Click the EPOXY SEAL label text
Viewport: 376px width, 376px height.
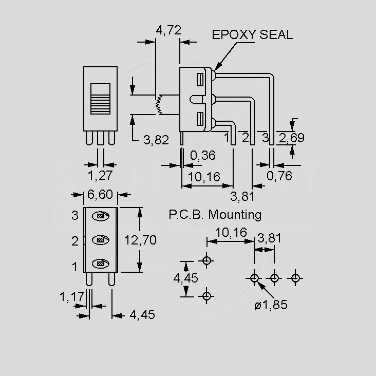[x=252, y=34]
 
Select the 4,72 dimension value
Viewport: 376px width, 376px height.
[x=168, y=30]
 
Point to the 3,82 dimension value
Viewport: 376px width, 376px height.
[x=156, y=140]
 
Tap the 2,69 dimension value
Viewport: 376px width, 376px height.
[x=292, y=138]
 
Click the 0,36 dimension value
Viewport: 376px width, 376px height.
[x=203, y=156]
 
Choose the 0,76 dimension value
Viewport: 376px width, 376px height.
[x=279, y=176]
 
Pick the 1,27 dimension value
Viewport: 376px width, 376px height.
[x=100, y=175]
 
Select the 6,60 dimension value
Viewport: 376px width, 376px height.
[x=100, y=194]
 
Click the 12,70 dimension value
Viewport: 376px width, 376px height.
[x=140, y=240]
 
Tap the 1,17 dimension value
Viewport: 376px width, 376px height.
[x=72, y=296]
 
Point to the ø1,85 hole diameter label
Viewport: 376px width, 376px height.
[x=271, y=305]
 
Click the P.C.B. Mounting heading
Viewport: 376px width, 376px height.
[x=215, y=215]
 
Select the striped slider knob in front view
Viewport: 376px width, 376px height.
[x=101, y=99]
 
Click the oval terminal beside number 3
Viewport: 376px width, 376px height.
[x=101, y=216]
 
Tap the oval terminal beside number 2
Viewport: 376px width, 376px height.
[x=101, y=240]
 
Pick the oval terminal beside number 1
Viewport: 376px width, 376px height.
[x=101, y=264]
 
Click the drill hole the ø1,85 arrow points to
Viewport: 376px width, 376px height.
[x=254, y=278]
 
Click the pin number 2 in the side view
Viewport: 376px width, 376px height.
[x=246, y=137]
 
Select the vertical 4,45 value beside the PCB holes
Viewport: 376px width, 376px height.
[x=185, y=278]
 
